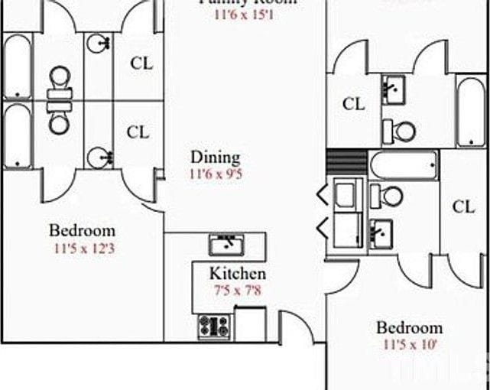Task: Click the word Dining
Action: coord(215,158)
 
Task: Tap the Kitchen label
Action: coord(238,274)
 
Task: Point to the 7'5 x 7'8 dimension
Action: coord(238,290)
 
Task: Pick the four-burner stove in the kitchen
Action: coord(213,327)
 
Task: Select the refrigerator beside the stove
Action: coord(251,323)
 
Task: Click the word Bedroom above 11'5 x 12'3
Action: coord(83,230)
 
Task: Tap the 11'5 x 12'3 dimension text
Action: coord(85,248)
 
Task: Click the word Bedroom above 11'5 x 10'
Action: coord(409,328)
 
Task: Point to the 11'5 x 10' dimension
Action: coord(410,345)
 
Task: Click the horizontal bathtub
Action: coord(404,164)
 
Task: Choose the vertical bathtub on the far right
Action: coord(471,112)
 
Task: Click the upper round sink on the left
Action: coord(98,44)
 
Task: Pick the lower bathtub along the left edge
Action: coord(16,136)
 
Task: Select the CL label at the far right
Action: coord(463,206)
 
